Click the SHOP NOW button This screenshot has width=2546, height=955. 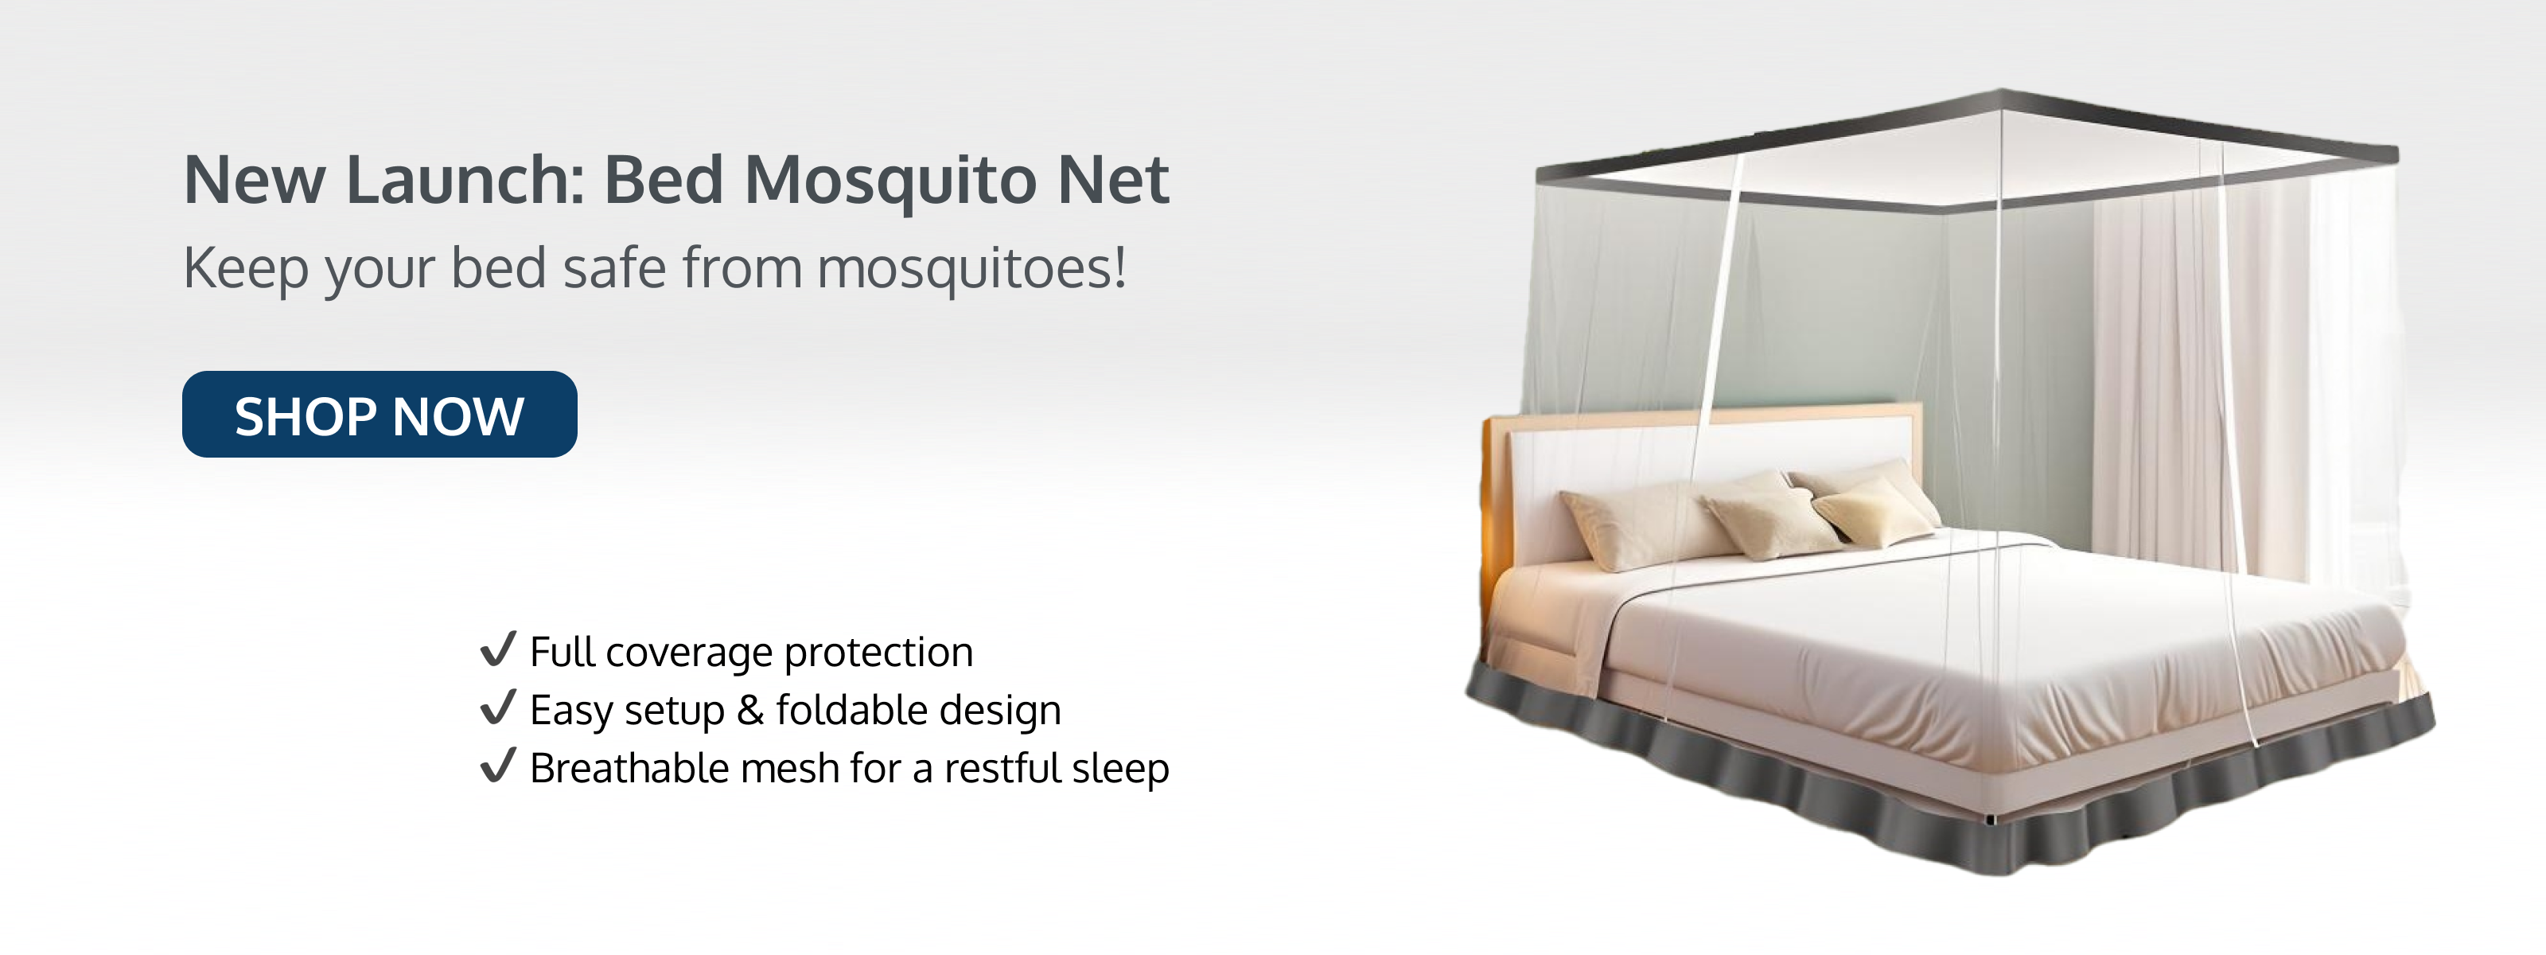380,414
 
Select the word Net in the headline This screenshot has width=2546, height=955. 1113,180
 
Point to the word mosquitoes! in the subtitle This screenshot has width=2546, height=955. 971,269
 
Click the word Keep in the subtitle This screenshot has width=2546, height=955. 245,269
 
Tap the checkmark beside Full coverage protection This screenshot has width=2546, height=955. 498,649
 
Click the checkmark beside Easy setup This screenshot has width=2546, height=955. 498,707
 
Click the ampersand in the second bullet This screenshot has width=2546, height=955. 750,710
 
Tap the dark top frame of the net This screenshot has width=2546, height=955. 1967,148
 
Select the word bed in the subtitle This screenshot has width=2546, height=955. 498,268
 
